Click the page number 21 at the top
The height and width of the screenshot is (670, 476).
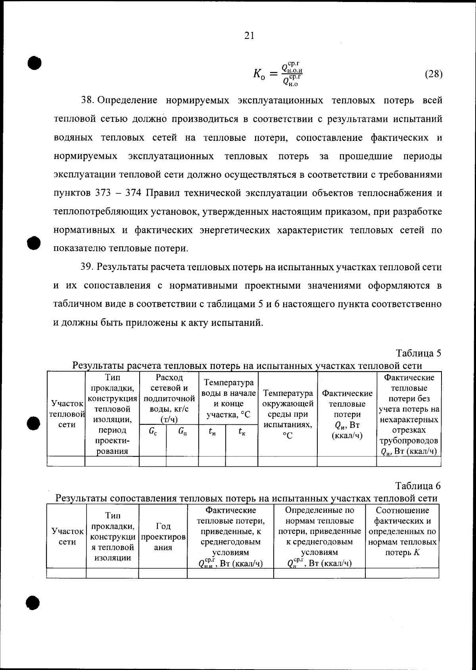tap(249, 36)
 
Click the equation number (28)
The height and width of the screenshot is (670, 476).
tap(433, 74)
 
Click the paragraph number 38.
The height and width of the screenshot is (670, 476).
tap(87, 100)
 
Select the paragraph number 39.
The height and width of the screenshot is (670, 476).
tap(86, 267)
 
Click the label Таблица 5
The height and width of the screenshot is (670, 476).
tap(418, 353)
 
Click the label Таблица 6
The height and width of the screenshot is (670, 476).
tap(418, 486)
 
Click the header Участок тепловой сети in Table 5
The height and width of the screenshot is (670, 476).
tap(66, 414)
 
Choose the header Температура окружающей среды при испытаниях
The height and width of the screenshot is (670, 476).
tap(288, 414)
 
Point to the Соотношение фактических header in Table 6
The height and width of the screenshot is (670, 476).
tap(402, 531)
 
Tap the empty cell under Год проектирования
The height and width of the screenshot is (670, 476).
tap(163, 573)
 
